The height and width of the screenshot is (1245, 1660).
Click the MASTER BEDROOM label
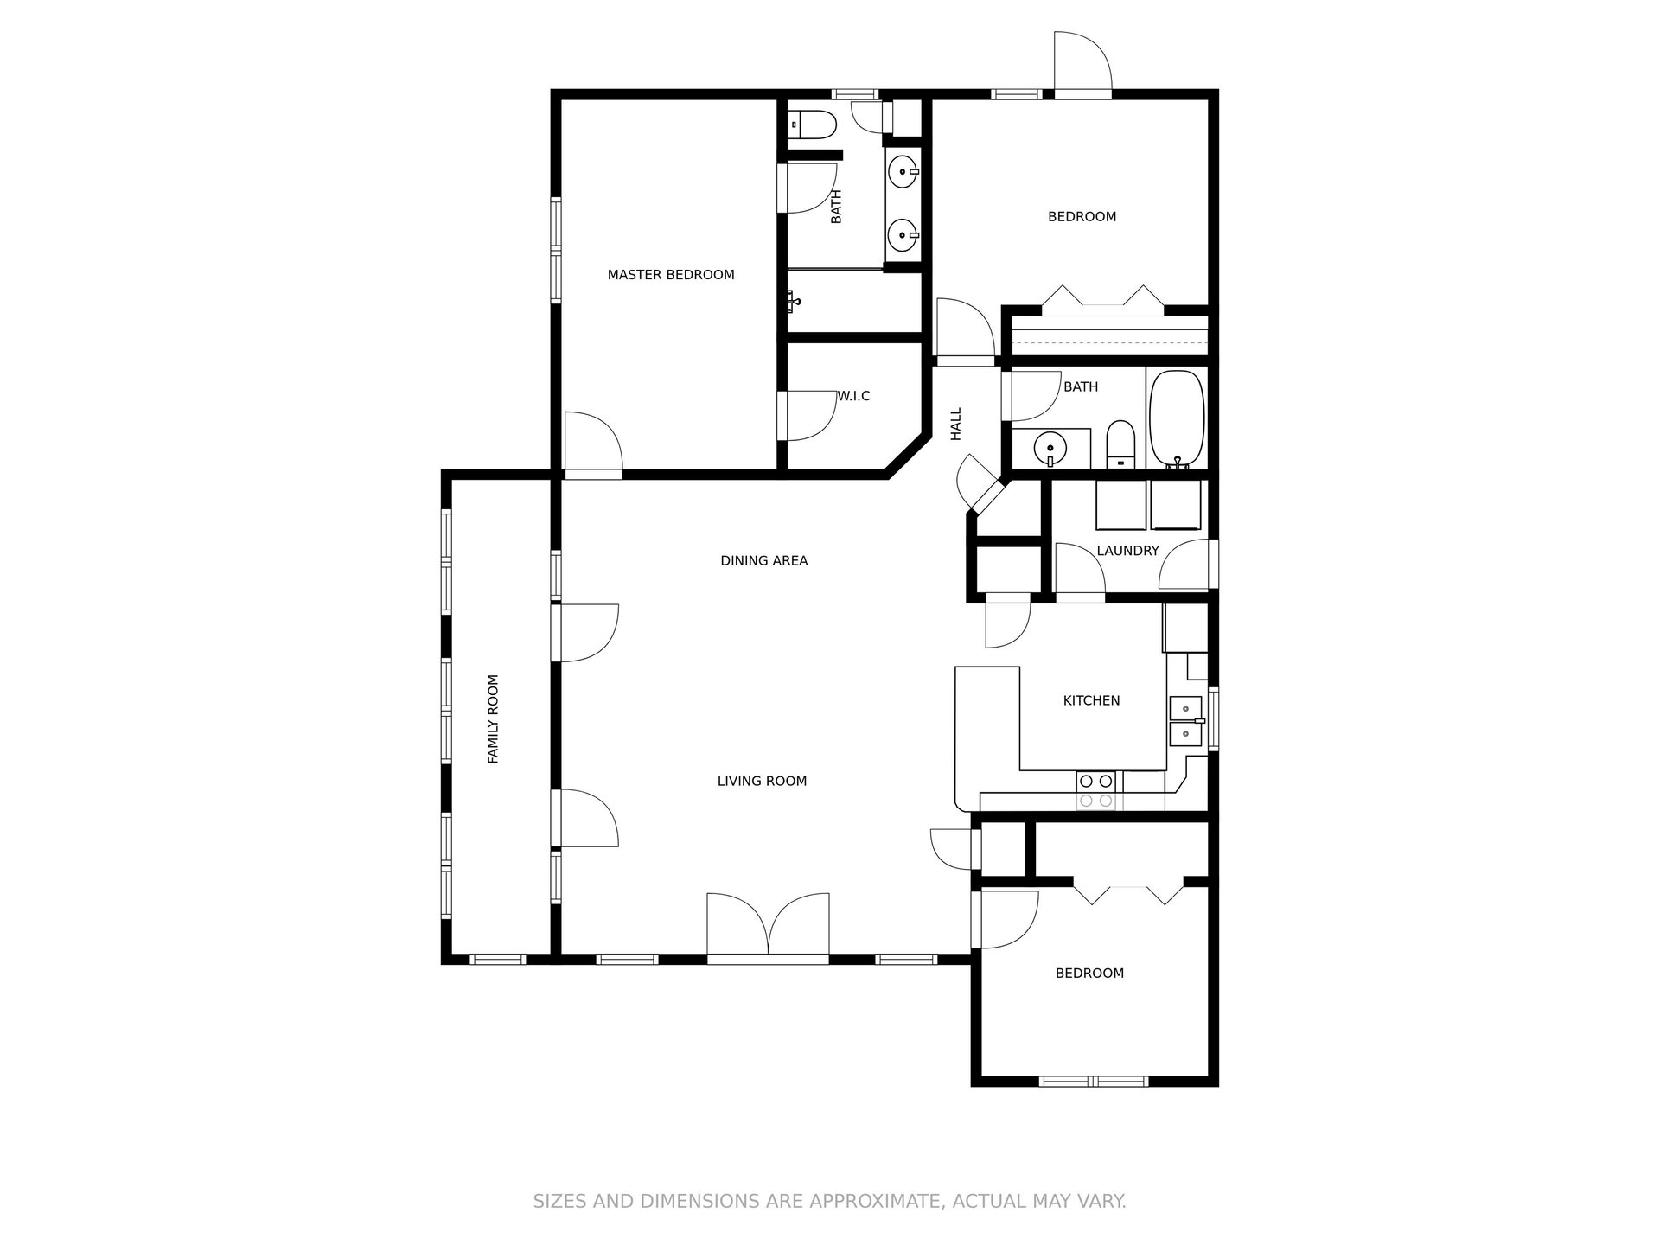coord(671,275)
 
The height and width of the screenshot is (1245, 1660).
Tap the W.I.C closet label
coord(853,396)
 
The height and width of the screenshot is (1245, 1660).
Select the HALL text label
coord(956,424)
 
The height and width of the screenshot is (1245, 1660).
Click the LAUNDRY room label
coord(1127,551)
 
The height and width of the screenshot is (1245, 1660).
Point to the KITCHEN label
coord(1091,700)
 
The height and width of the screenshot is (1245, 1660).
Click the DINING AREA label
coord(763,561)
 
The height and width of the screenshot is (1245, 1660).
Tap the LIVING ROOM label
coord(762,782)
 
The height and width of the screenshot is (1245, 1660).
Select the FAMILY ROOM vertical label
coord(494,719)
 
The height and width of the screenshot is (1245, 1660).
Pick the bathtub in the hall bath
coord(1176,419)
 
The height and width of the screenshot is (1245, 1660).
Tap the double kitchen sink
coord(1185,721)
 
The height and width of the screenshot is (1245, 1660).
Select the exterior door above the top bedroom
coord(1082,62)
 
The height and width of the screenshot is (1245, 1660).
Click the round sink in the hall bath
coord(1050,448)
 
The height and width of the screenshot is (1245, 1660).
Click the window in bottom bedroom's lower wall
coord(1094,1081)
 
